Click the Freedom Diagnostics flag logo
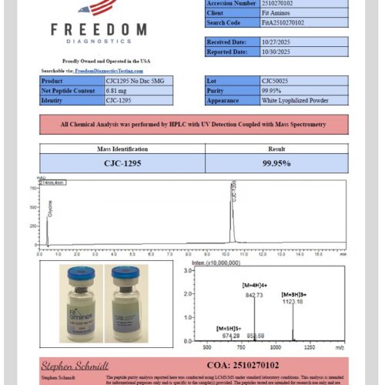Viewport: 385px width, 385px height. point(98,8)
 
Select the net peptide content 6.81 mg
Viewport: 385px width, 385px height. point(115,90)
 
